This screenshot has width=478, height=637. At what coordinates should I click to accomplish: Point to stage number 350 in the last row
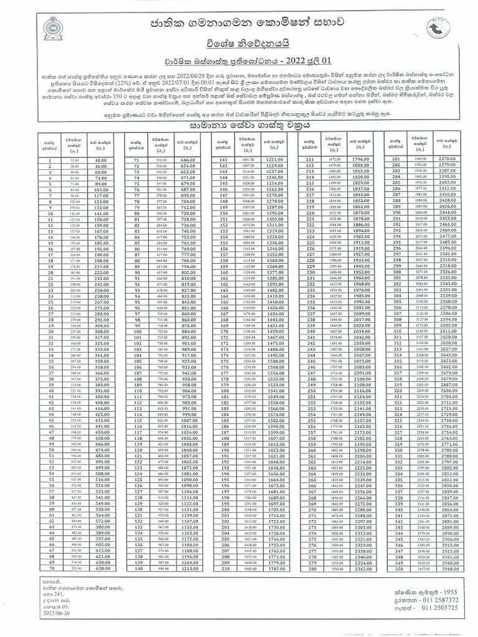(x=393, y=568)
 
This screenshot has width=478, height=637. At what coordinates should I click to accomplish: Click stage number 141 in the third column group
(x=222, y=160)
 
